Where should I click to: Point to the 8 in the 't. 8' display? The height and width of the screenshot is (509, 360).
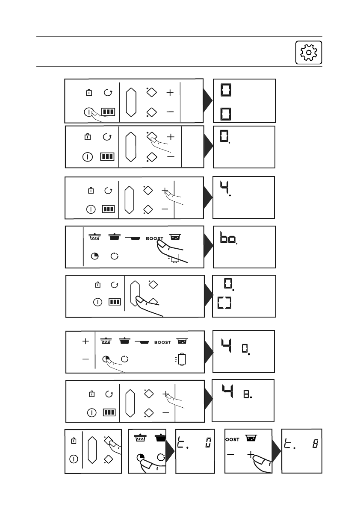tap(315, 444)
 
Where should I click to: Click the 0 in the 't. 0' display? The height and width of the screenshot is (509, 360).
tap(208, 444)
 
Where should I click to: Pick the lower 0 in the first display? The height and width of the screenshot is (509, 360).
tap(225, 114)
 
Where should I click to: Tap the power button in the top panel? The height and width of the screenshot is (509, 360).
tap(88, 112)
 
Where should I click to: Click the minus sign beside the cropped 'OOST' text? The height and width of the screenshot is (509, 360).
tap(231, 455)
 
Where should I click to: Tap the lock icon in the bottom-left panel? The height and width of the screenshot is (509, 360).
tap(74, 440)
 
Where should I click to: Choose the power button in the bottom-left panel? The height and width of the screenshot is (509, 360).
tap(74, 460)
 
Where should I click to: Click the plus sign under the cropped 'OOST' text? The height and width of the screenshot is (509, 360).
tap(251, 455)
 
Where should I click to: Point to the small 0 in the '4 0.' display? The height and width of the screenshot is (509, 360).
tap(245, 348)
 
